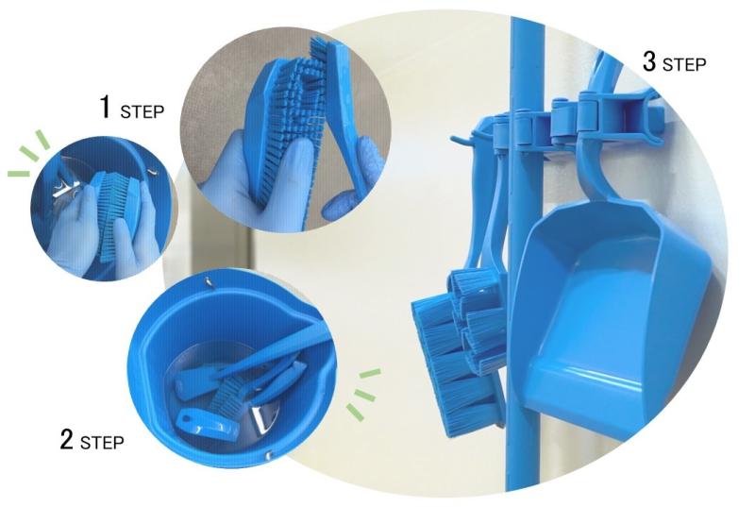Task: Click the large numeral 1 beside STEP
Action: tap(106, 107)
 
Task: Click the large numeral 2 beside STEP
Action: tap(67, 439)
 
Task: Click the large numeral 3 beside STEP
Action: tap(649, 61)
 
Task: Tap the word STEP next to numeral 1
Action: tap(143, 111)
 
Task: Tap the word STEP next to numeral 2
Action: tap(102, 443)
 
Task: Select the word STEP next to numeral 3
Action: tap(684, 64)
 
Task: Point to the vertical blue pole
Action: tap(526, 250)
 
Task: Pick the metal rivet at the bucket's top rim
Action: tap(208, 281)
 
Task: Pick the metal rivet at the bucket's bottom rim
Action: tap(269, 453)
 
